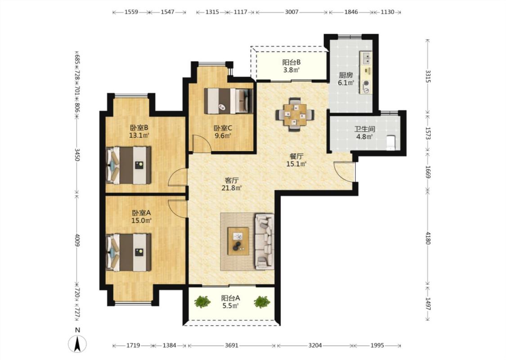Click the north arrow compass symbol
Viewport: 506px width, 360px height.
(77, 343)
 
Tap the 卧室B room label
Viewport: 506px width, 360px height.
(139, 127)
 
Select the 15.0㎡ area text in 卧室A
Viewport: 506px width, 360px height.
(141, 221)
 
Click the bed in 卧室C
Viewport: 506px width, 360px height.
(228, 101)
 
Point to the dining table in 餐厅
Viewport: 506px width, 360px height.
(295, 114)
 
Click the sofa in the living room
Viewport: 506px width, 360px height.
(264, 241)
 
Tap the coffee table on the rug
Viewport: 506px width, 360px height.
(238, 241)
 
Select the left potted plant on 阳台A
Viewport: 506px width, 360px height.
(202, 302)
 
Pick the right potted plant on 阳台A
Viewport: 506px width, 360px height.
(262, 302)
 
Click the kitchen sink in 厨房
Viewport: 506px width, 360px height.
(366, 58)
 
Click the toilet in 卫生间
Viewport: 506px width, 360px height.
(391, 142)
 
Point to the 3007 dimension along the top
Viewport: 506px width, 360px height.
(292, 12)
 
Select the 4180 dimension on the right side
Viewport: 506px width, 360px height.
(428, 238)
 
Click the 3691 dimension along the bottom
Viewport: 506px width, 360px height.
(232, 345)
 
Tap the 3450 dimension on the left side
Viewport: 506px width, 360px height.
(77, 155)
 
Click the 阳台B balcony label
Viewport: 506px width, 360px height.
(291, 62)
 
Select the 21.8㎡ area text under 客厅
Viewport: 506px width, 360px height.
(232, 188)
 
